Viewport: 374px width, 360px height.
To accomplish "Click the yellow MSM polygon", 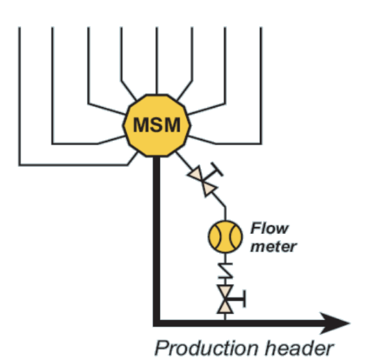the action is (156, 125).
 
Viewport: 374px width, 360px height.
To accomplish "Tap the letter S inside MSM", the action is (156, 125).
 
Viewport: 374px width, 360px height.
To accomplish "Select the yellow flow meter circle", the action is (225, 237).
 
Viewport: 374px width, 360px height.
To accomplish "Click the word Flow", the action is (270, 228).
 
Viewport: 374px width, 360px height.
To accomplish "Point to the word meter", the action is (273, 247).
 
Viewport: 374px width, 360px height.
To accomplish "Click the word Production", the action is (206, 349).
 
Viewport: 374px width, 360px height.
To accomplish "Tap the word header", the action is (299, 349).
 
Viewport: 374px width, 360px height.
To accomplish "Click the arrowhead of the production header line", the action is (335, 323).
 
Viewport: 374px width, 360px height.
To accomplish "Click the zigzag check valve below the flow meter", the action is (225, 271).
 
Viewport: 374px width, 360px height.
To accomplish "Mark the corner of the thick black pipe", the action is (156, 323).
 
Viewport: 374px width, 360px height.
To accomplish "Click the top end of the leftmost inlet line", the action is (20, 27).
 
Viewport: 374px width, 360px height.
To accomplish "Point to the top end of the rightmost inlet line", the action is (261, 27).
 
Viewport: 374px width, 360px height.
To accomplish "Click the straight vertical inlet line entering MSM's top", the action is (156, 61).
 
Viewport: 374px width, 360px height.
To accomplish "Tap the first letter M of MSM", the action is (142, 125).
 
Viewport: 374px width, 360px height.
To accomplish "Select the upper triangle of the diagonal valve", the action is (196, 174).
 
